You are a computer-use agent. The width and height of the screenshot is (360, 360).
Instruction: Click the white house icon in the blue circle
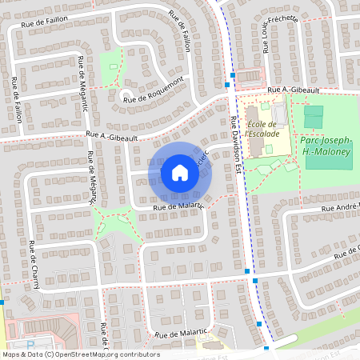pos(180,173)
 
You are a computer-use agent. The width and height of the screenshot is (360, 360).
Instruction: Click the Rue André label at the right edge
pos(339,209)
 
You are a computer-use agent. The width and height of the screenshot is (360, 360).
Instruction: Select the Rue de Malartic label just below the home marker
pos(169,208)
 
